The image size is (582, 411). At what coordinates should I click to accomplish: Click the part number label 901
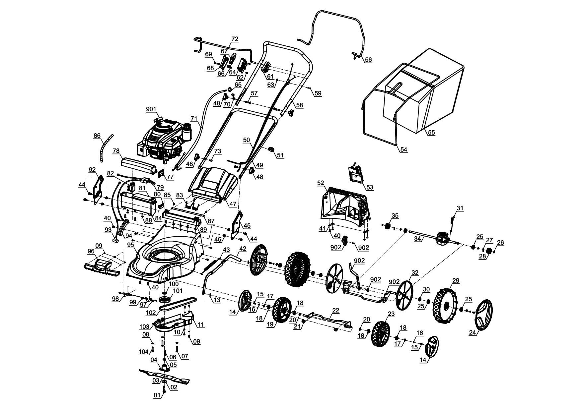(x=151, y=109)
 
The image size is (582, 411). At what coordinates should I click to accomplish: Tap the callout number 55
(x=431, y=132)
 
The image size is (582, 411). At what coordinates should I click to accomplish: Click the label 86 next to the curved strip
(x=97, y=136)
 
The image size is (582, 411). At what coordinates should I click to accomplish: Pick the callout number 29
(x=456, y=280)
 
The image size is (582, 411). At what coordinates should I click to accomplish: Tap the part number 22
(x=336, y=310)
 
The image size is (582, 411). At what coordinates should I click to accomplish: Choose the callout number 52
(x=321, y=183)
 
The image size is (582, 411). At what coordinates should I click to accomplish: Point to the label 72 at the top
(x=235, y=39)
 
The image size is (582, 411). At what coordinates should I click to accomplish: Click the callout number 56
(x=368, y=60)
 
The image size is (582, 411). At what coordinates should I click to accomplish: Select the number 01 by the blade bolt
(x=157, y=395)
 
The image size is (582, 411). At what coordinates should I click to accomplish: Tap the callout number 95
(x=130, y=245)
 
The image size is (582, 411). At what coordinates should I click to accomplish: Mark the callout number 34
(x=418, y=239)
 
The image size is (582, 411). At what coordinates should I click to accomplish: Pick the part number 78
(x=116, y=151)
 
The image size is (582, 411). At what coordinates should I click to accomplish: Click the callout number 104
(x=144, y=352)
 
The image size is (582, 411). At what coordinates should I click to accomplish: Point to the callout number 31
(x=460, y=208)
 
